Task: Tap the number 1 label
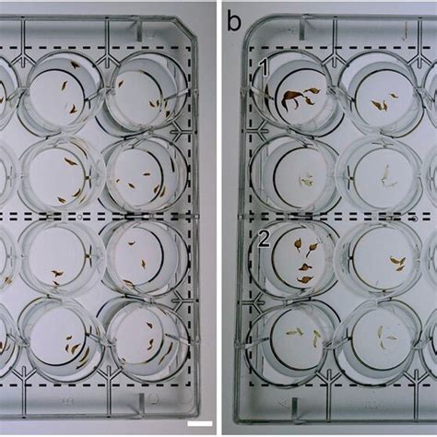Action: pos(264,66)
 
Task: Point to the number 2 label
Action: pos(264,238)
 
